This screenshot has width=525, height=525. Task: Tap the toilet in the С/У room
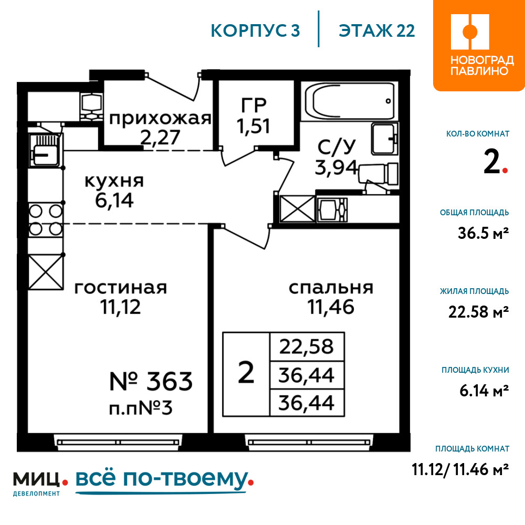coord(379,174)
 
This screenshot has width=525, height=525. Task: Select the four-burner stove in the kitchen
coord(46,220)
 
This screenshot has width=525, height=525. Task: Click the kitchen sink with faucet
coord(46,150)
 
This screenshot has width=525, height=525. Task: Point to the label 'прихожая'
coord(160,119)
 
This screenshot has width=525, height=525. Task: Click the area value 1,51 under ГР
coord(254,127)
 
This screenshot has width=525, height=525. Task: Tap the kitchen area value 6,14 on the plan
coord(114,201)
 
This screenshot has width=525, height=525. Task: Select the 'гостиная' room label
coord(121,288)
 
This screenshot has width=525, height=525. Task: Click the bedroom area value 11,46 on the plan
coord(331,307)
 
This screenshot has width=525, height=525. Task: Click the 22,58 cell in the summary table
coord(307,347)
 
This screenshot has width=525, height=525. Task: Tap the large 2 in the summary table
coord(246,373)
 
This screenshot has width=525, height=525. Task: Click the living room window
coord(118,442)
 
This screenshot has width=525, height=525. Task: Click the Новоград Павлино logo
coord(479,45)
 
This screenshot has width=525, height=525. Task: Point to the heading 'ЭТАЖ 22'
coord(377,30)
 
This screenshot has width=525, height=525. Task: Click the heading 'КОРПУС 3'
coord(255,30)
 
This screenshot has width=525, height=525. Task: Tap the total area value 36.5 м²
coord(484,233)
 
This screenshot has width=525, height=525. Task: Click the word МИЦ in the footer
coord(37,479)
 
